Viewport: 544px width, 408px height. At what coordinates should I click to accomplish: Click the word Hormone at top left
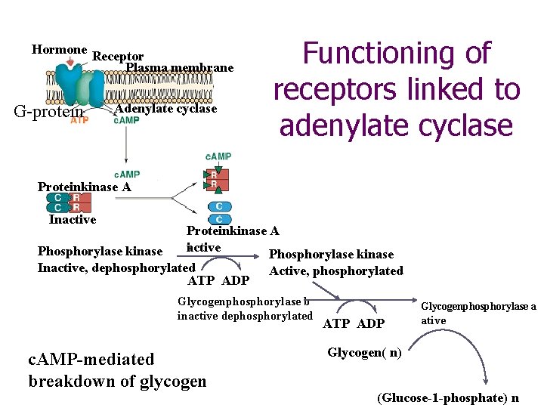click(x=59, y=50)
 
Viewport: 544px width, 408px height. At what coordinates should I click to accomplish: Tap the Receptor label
click(x=118, y=57)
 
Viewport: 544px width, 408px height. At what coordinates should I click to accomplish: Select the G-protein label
click(x=48, y=113)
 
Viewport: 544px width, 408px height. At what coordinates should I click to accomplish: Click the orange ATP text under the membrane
click(x=79, y=120)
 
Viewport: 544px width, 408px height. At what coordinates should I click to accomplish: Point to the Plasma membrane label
click(x=180, y=68)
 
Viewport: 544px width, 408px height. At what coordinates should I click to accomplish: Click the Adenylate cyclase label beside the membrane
click(x=165, y=109)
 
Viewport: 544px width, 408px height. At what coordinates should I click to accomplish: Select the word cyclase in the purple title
click(x=462, y=125)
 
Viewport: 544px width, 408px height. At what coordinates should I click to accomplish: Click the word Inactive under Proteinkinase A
click(x=73, y=220)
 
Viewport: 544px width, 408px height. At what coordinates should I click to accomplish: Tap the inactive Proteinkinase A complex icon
click(x=68, y=202)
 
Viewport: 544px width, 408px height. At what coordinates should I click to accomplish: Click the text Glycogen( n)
click(x=364, y=352)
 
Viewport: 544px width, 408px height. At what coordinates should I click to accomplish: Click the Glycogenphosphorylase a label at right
click(x=478, y=313)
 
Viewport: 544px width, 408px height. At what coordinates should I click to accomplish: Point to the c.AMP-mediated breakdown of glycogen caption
click(x=117, y=369)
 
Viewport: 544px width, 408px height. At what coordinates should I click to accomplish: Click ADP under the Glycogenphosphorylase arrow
click(x=371, y=324)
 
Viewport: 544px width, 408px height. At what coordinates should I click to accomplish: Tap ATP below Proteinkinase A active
click(x=200, y=280)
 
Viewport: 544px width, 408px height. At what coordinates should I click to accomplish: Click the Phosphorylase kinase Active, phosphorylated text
click(x=336, y=263)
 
